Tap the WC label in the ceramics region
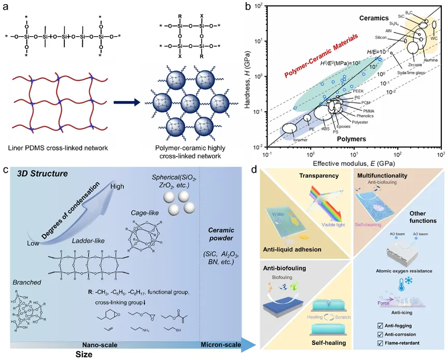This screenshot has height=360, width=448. [435, 38]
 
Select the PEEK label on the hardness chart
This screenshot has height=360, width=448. [358, 91]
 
